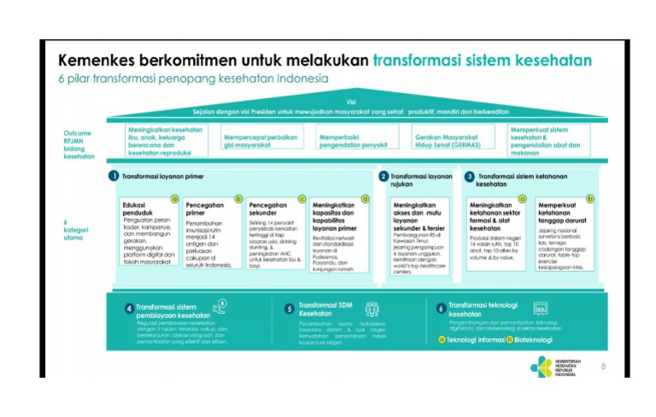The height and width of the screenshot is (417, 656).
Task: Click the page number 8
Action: (603, 366)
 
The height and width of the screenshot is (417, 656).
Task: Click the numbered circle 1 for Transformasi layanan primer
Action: (113, 176)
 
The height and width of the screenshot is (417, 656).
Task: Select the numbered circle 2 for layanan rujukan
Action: (384, 176)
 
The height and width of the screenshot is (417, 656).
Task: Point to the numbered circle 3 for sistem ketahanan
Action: (469, 176)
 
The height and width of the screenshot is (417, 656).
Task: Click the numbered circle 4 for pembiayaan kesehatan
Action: (128, 308)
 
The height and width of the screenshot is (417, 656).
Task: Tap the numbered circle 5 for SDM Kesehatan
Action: (290, 308)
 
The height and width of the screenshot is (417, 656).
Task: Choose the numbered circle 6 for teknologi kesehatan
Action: (441, 308)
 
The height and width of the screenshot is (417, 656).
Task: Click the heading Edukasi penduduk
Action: (139, 209)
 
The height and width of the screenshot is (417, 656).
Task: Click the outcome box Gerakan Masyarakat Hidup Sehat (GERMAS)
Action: (446, 141)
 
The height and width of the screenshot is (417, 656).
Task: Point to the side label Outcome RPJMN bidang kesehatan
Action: (79, 145)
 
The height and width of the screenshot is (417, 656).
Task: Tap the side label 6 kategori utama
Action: (77, 231)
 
